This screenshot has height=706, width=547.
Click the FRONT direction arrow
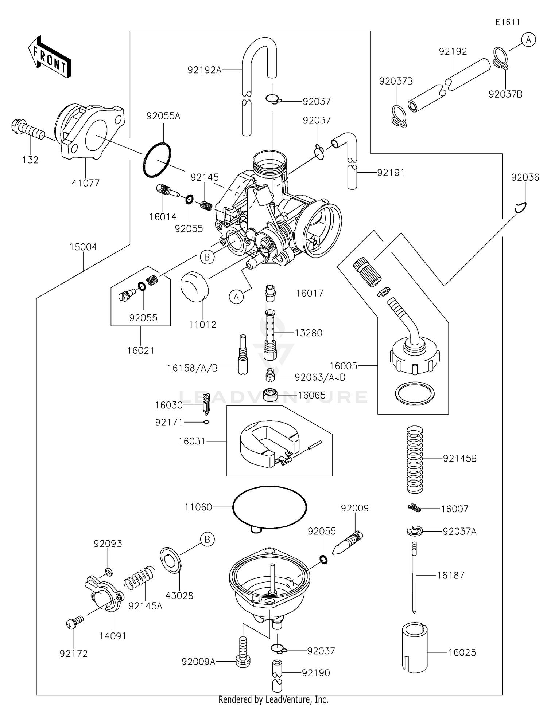[49, 57]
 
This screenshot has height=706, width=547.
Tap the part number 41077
[85, 183]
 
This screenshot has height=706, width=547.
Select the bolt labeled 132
[28, 132]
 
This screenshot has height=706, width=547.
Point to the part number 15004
[83, 247]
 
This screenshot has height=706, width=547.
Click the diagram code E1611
[508, 22]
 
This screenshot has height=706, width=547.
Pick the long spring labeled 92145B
[415, 459]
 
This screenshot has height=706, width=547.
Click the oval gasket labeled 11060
[269, 507]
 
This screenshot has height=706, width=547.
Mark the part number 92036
[525, 177]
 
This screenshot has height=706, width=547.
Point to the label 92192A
[205, 70]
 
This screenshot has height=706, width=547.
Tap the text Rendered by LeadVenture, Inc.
[273, 699]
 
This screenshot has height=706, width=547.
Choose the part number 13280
[309, 333]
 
